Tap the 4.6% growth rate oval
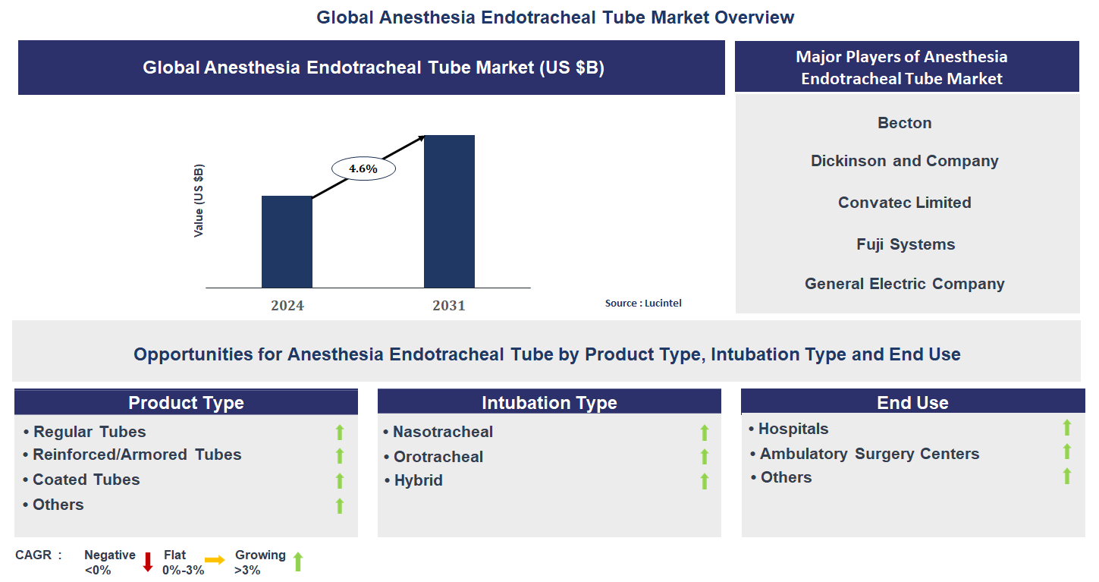pos(363,169)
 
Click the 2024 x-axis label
pos(287,306)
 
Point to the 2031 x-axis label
pos(449,306)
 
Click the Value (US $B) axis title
pos(199,200)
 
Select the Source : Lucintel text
pos(643,304)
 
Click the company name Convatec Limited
pos(904,203)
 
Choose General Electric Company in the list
pos(904,284)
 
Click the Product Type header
pos(186,403)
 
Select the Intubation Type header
pos(549,403)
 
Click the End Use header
pos(912,403)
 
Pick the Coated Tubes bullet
pos(86,480)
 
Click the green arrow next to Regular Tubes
pos(340,433)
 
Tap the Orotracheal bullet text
pos(438,457)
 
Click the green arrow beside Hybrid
pos(704,481)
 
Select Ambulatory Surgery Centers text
pos(869,454)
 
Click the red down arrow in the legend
pos(148,562)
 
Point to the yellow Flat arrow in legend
pos(215,561)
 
